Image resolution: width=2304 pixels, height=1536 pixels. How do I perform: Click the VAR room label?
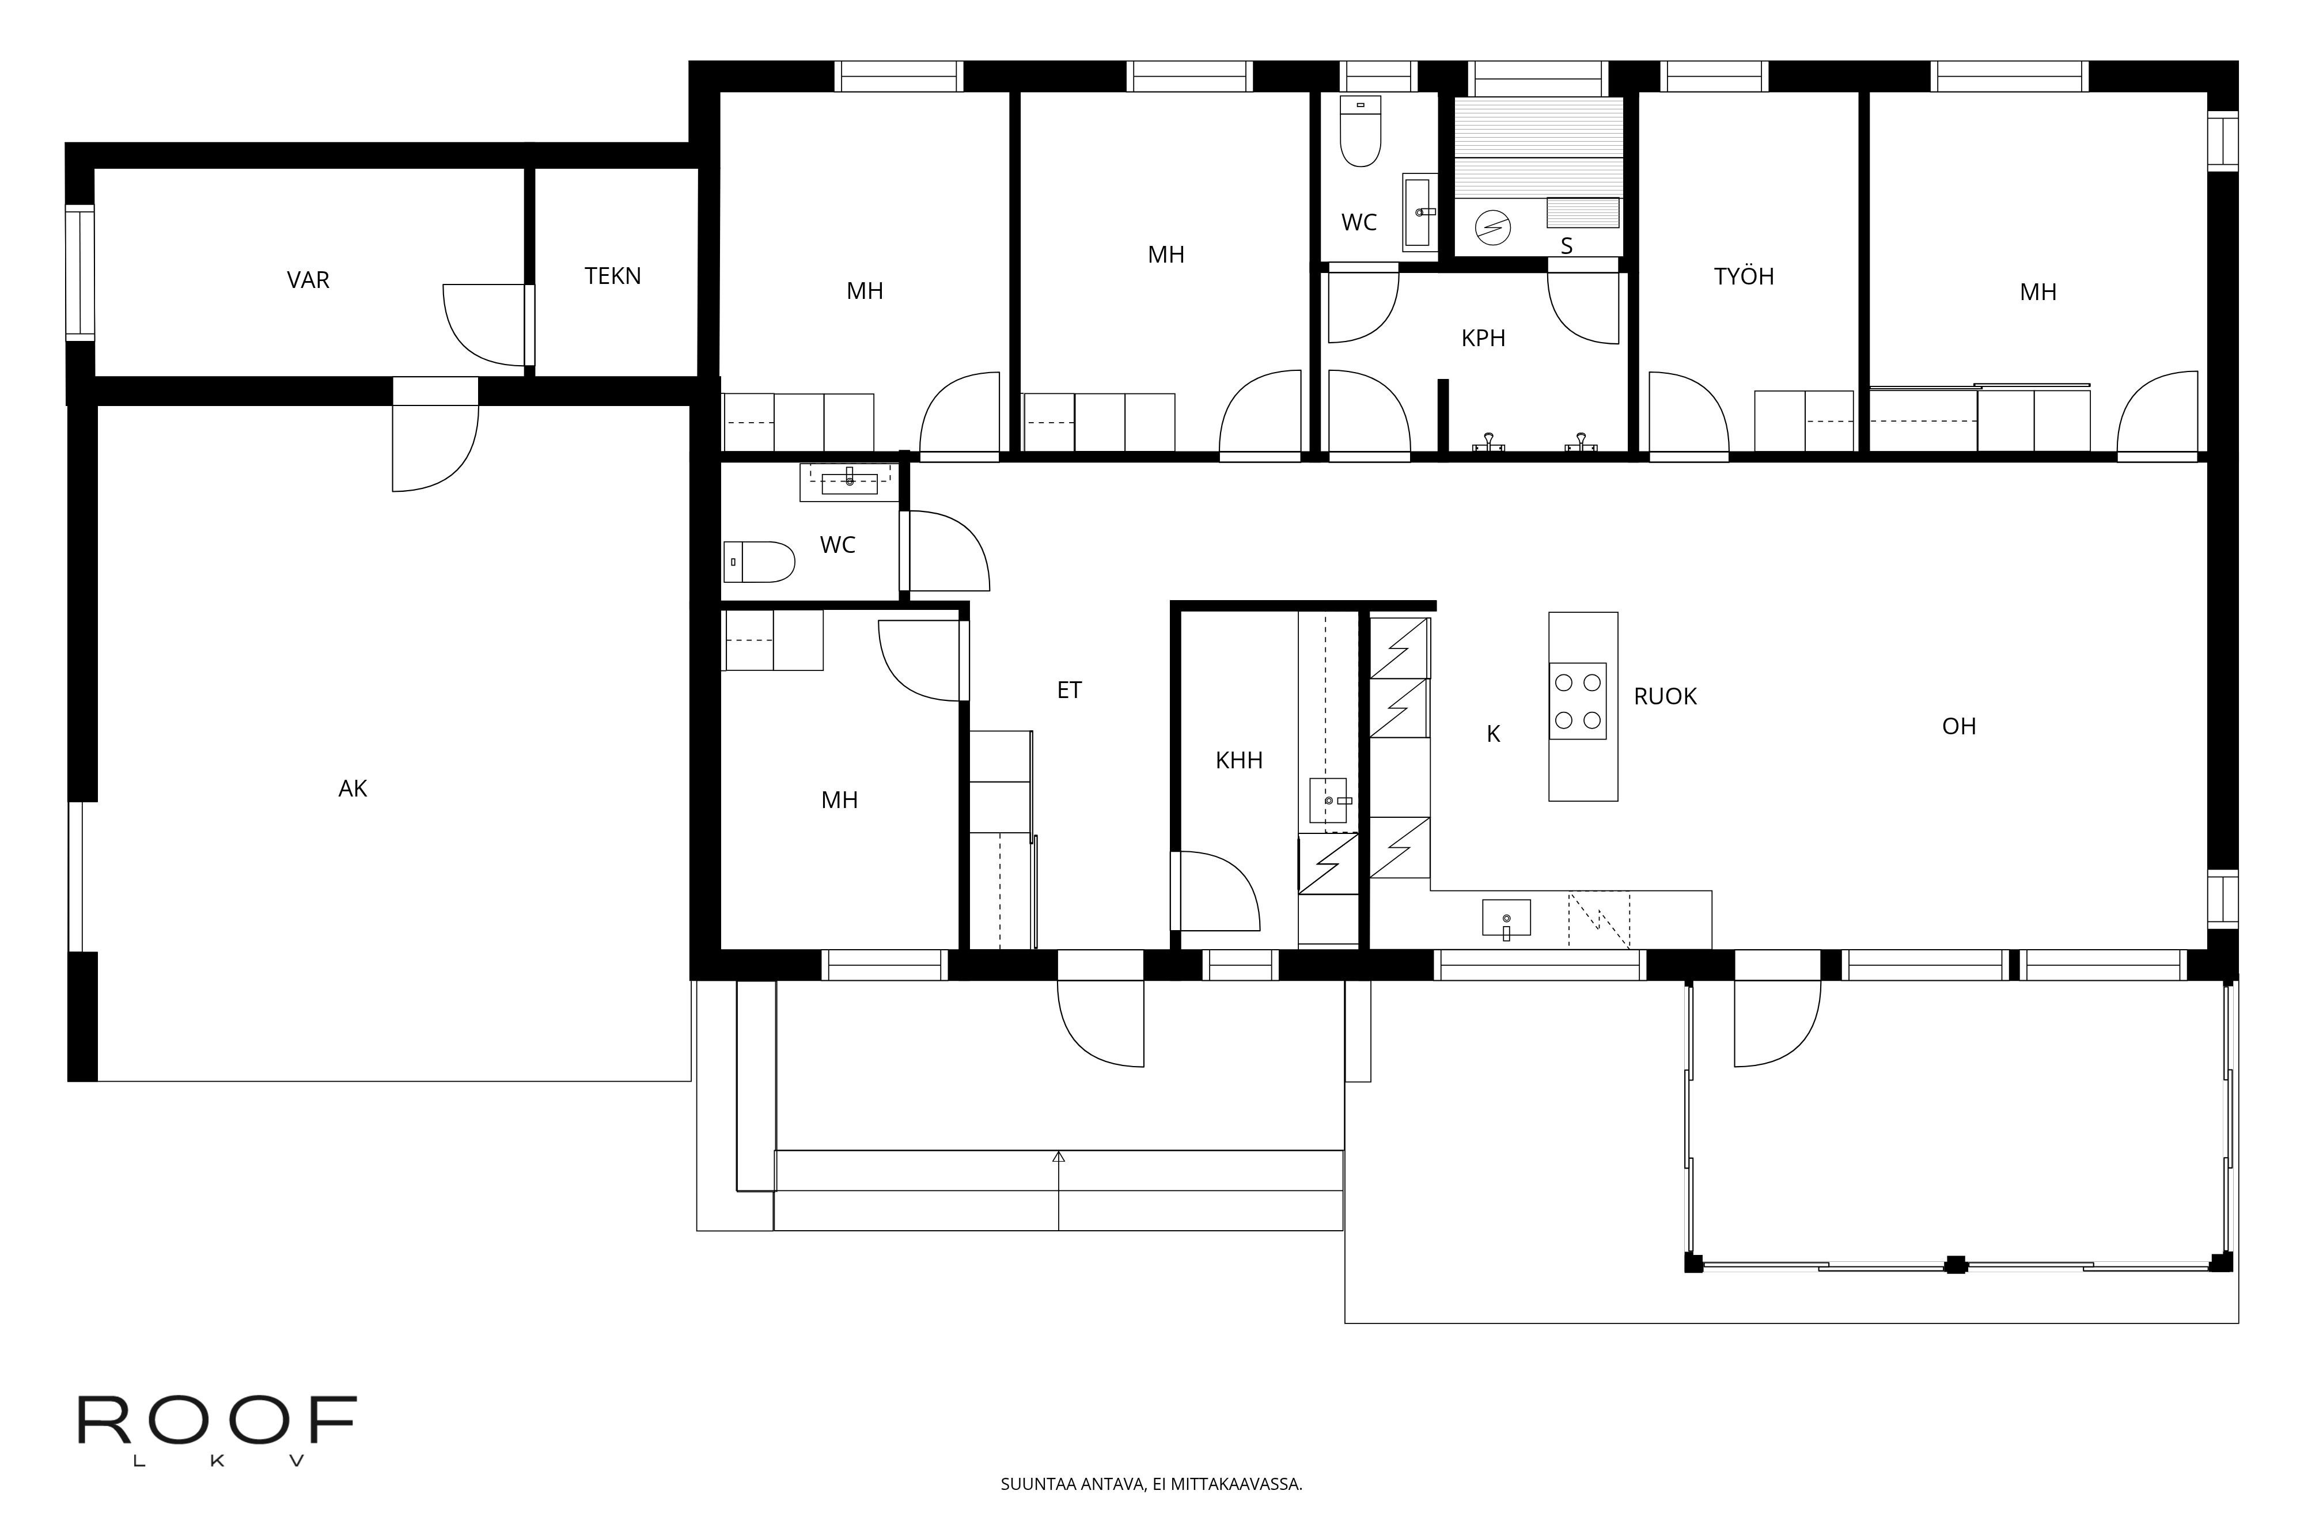click(x=308, y=280)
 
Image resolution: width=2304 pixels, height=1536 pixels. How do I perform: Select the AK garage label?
click(x=352, y=788)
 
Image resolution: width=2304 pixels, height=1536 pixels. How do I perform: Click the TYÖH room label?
click(x=1744, y=276)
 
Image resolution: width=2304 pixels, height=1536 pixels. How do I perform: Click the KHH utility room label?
click(x=1238, y=760)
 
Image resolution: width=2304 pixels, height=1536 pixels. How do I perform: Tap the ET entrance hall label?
click(x=1068, y=691)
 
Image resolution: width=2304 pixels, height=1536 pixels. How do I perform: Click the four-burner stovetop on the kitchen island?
click(x=1577, y=701)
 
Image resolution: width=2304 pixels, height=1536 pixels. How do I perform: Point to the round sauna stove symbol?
click(x=1493, y=228)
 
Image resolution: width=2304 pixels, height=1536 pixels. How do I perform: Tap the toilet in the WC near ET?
click(x=759, y=562)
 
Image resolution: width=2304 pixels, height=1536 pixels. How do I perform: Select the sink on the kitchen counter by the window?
click(x=1506, y=919)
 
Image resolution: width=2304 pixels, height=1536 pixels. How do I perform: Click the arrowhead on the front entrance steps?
click(x=1058, y=1157)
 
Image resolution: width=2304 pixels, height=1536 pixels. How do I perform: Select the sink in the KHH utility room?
click(x=1328, y=801)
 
